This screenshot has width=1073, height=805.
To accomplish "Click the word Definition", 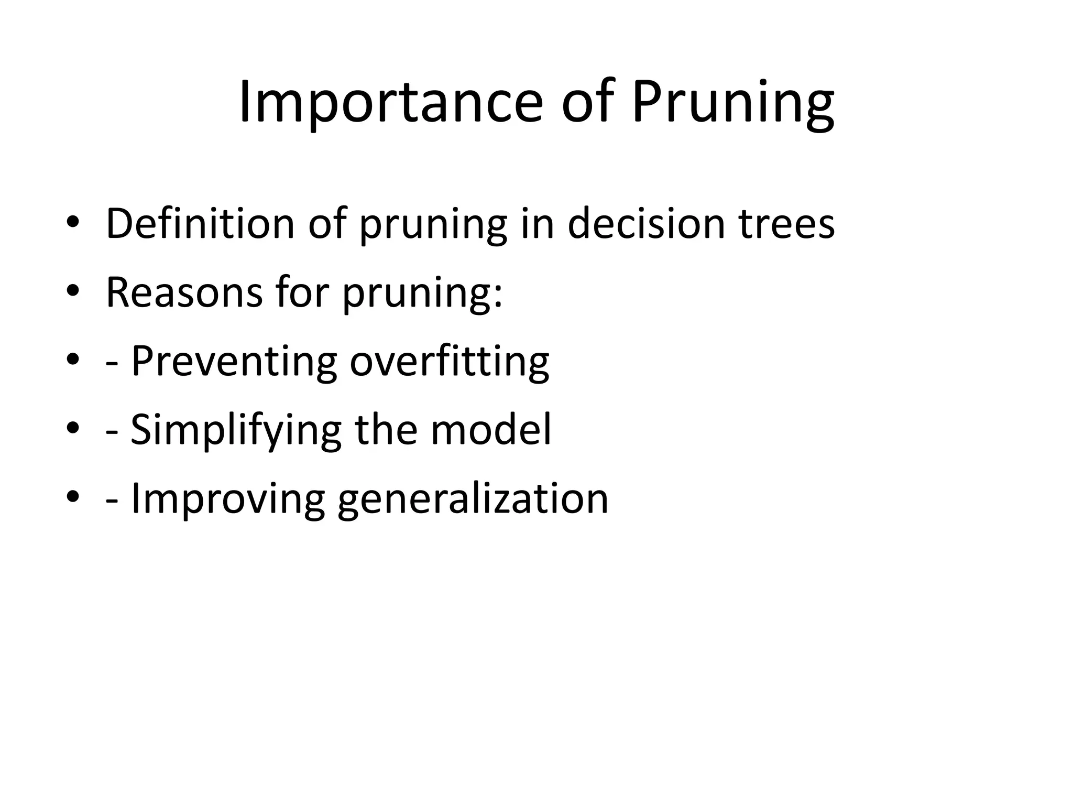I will [200, 224].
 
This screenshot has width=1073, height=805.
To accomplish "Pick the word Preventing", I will [234, 362].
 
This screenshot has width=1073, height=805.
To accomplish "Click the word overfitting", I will [449, 362].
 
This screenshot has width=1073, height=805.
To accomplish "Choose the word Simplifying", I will [236, 430].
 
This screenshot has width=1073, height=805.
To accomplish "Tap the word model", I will [491, 429].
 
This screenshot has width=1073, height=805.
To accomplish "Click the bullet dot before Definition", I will [73, 223].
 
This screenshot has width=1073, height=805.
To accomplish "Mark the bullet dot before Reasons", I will [73, 291].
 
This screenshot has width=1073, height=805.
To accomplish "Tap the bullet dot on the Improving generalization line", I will [73, 497].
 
